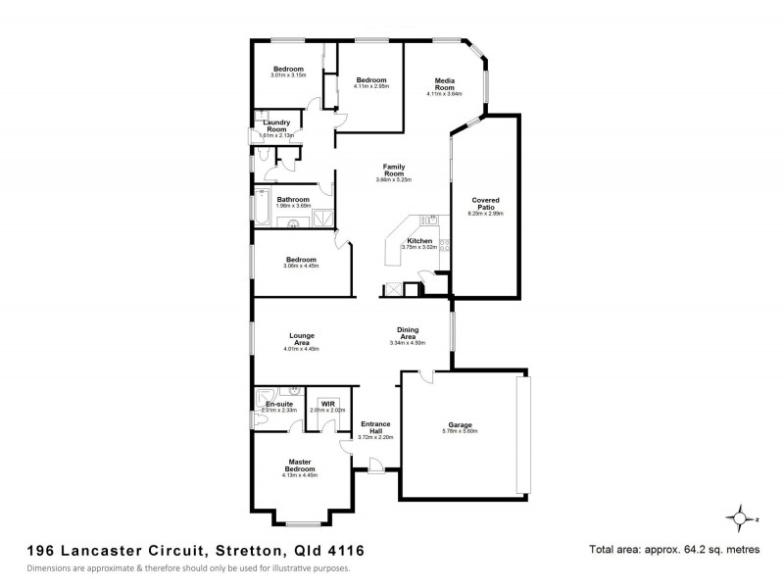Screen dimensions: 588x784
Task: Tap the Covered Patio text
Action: (486, 201)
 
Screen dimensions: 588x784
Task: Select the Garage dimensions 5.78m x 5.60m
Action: (460, 431)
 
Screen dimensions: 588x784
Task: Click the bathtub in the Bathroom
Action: (261, 206)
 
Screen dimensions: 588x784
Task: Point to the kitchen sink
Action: (432, 220)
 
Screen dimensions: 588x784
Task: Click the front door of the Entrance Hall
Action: (376, 472)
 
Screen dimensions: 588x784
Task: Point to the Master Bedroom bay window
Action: (300, 520)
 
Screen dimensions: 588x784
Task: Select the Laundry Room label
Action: (275, 125)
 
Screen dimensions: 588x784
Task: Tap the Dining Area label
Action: (409, 333)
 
